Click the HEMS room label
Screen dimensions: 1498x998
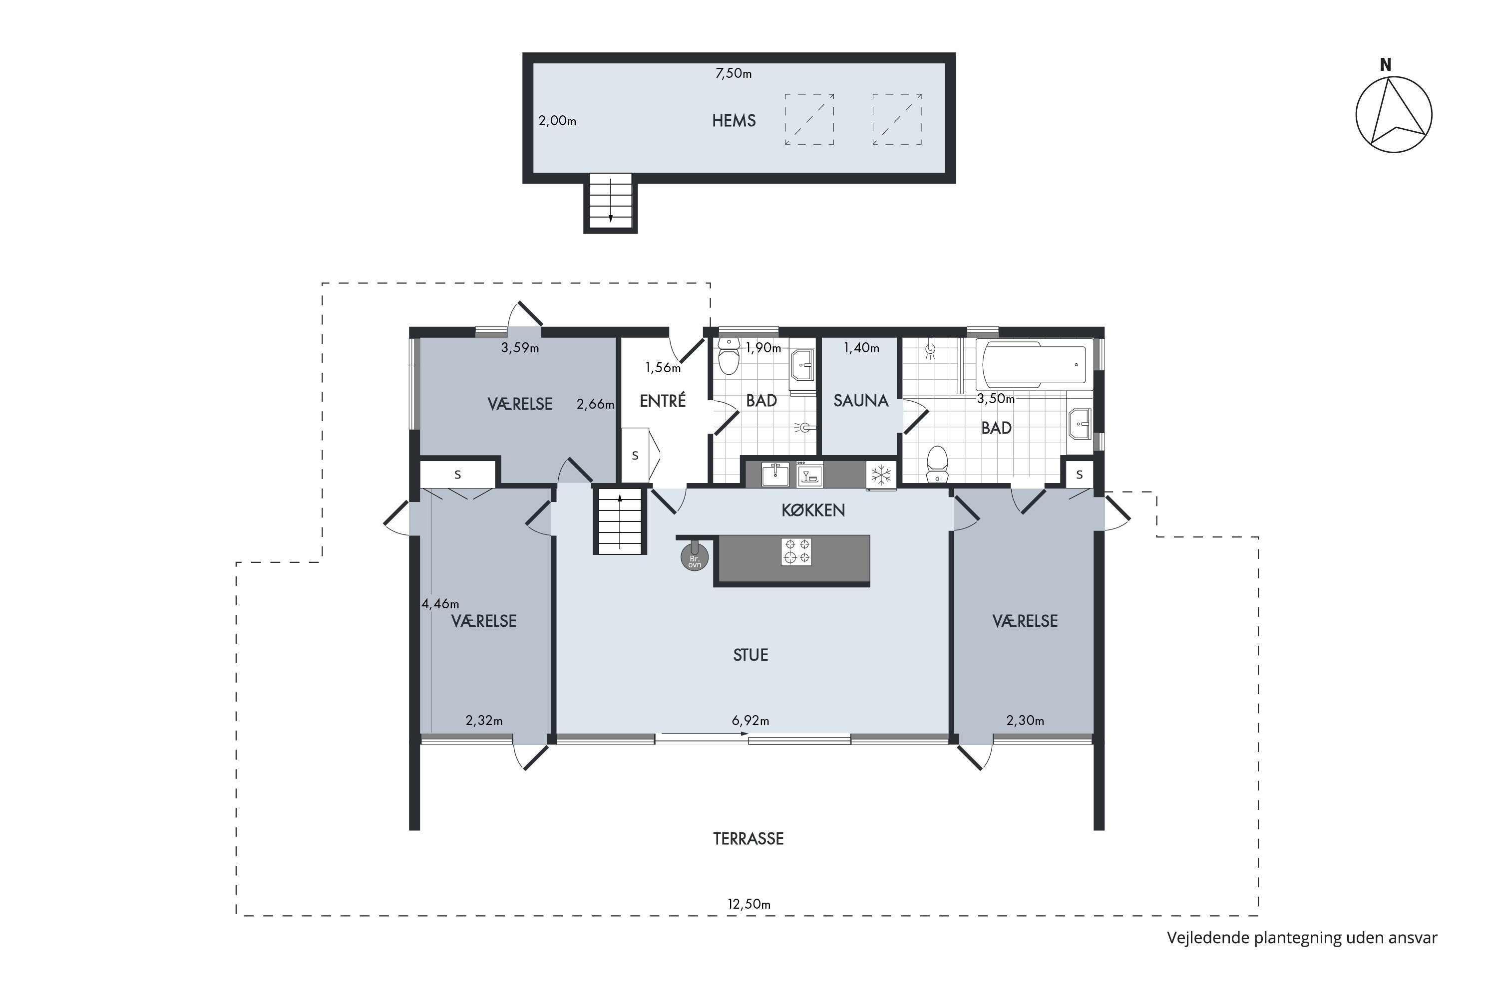pyautogui.click(x=734, y=120)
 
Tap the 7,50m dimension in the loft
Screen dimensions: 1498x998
pyautogui.click(x=733, y=74)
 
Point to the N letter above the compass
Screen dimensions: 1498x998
pyautogui.click(x=1385, y=64)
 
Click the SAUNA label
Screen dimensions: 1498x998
pyautogui.click(x=860, y=400)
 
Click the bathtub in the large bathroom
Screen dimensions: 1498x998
pyautogui.click(x=1034, y=365)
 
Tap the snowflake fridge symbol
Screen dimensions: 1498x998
pyautogui.click(x=881, y=474)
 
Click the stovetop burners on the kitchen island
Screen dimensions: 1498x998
pyautogui.click(x=796, y=552)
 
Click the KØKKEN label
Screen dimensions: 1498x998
pyautogui.click(x=813, y=510)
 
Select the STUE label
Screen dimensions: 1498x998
pyautogui.click(x=750, y=655)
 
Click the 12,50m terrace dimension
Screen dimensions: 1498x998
pyautogui.click(x=749, y=904)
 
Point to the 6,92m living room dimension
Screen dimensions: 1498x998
pyautogui.click(x=750, y=721)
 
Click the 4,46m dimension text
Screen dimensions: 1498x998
pyautogui.click(x=440, y=603)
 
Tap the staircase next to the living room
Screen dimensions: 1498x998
pyautogui.click(x=620, y=520)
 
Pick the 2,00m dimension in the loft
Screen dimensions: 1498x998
pyautogui.click(x=557, y=120)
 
